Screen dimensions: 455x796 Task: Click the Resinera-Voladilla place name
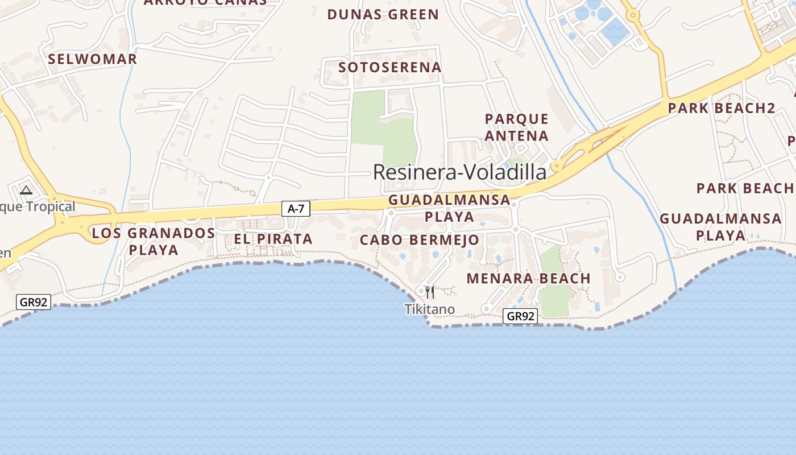point(459,172)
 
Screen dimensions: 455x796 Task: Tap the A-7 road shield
point(296,209)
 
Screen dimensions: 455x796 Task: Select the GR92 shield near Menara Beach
point(520,316)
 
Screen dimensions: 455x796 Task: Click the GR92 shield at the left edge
point(34,302)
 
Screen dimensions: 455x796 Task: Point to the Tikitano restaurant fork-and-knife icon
point(430,292)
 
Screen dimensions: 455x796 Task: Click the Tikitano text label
point(429,309)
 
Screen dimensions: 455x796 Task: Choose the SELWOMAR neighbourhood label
point(92,59)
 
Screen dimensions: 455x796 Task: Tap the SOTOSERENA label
point(389,67)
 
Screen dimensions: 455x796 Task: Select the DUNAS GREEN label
point(383,15)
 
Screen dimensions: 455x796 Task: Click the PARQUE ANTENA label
point(516,127)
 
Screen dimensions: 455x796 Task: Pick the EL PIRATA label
point(273,239)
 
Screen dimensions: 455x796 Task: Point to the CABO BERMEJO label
point(420,240)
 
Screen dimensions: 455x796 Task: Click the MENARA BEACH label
point(528,279)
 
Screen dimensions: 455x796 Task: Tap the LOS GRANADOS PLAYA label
point(154,241)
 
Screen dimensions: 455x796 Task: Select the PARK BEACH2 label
point(722,108)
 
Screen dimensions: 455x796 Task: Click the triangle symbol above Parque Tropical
point(26,190)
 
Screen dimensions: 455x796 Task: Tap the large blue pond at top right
point(615,32)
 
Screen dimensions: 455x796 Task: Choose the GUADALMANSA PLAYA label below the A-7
point(449,208)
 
